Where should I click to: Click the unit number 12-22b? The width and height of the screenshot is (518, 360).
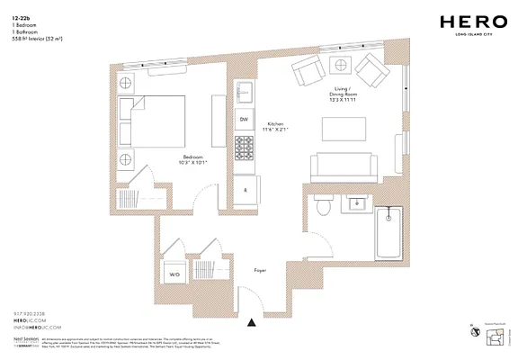pos(20,17)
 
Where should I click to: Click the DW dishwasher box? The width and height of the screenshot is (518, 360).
pos(243,120)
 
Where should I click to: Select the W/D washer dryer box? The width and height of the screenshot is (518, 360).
pos(174,275)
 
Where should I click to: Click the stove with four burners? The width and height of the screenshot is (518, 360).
pos(244,145)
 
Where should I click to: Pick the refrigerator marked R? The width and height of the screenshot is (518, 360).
pos(246,190)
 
